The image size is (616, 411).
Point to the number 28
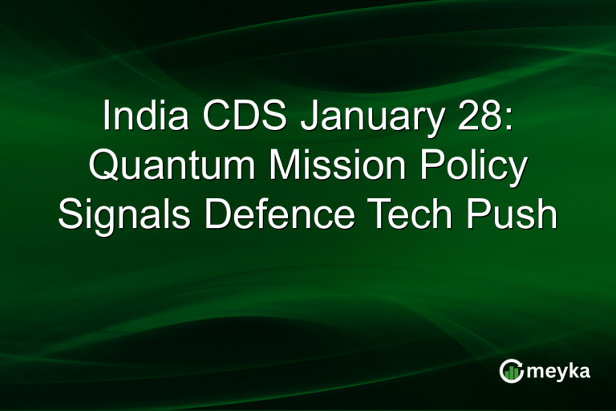[x=477, y=118]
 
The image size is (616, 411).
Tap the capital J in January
[x=310, y=118]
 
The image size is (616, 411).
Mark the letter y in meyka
[x=560, y=374]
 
